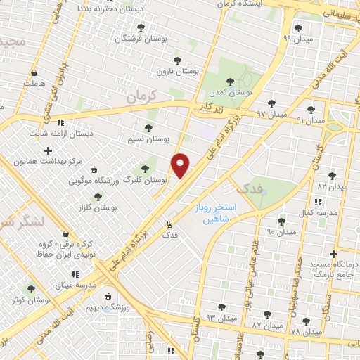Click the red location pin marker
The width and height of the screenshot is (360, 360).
point(181,165)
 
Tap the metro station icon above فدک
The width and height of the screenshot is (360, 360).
point(169,224)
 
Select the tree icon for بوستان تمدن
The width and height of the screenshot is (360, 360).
point(231,81)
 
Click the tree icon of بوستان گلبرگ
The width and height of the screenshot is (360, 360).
point(145,169)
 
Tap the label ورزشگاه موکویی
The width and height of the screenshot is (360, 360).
point(92,181)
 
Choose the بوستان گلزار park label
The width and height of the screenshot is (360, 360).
point(97,209)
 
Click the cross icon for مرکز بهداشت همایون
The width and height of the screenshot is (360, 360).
point(48,150)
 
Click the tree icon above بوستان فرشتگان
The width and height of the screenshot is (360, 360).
point(141,27)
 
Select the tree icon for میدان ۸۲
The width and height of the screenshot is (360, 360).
point(333,176)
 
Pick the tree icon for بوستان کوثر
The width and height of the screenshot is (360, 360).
point(30,289)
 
